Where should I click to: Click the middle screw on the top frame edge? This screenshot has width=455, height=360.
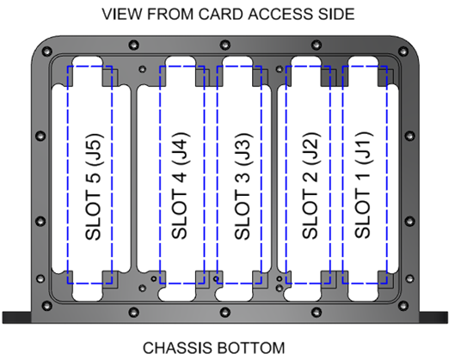pyautogui.click(x=229, y=44)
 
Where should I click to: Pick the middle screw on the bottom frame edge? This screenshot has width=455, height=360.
pyautogui.click(x=229, y=311)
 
